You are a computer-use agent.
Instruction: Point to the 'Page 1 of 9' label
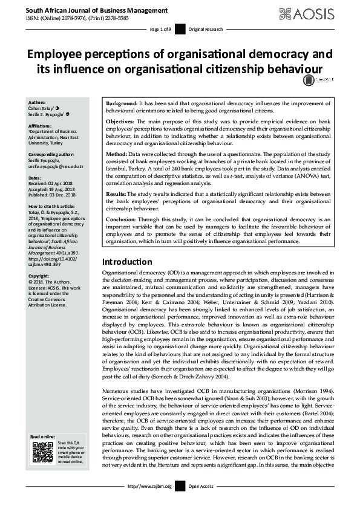point(162,29)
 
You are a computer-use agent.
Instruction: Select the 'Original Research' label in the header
point(206,29)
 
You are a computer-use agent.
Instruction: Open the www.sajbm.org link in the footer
point(155,485)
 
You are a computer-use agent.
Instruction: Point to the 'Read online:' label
point(43,436)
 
